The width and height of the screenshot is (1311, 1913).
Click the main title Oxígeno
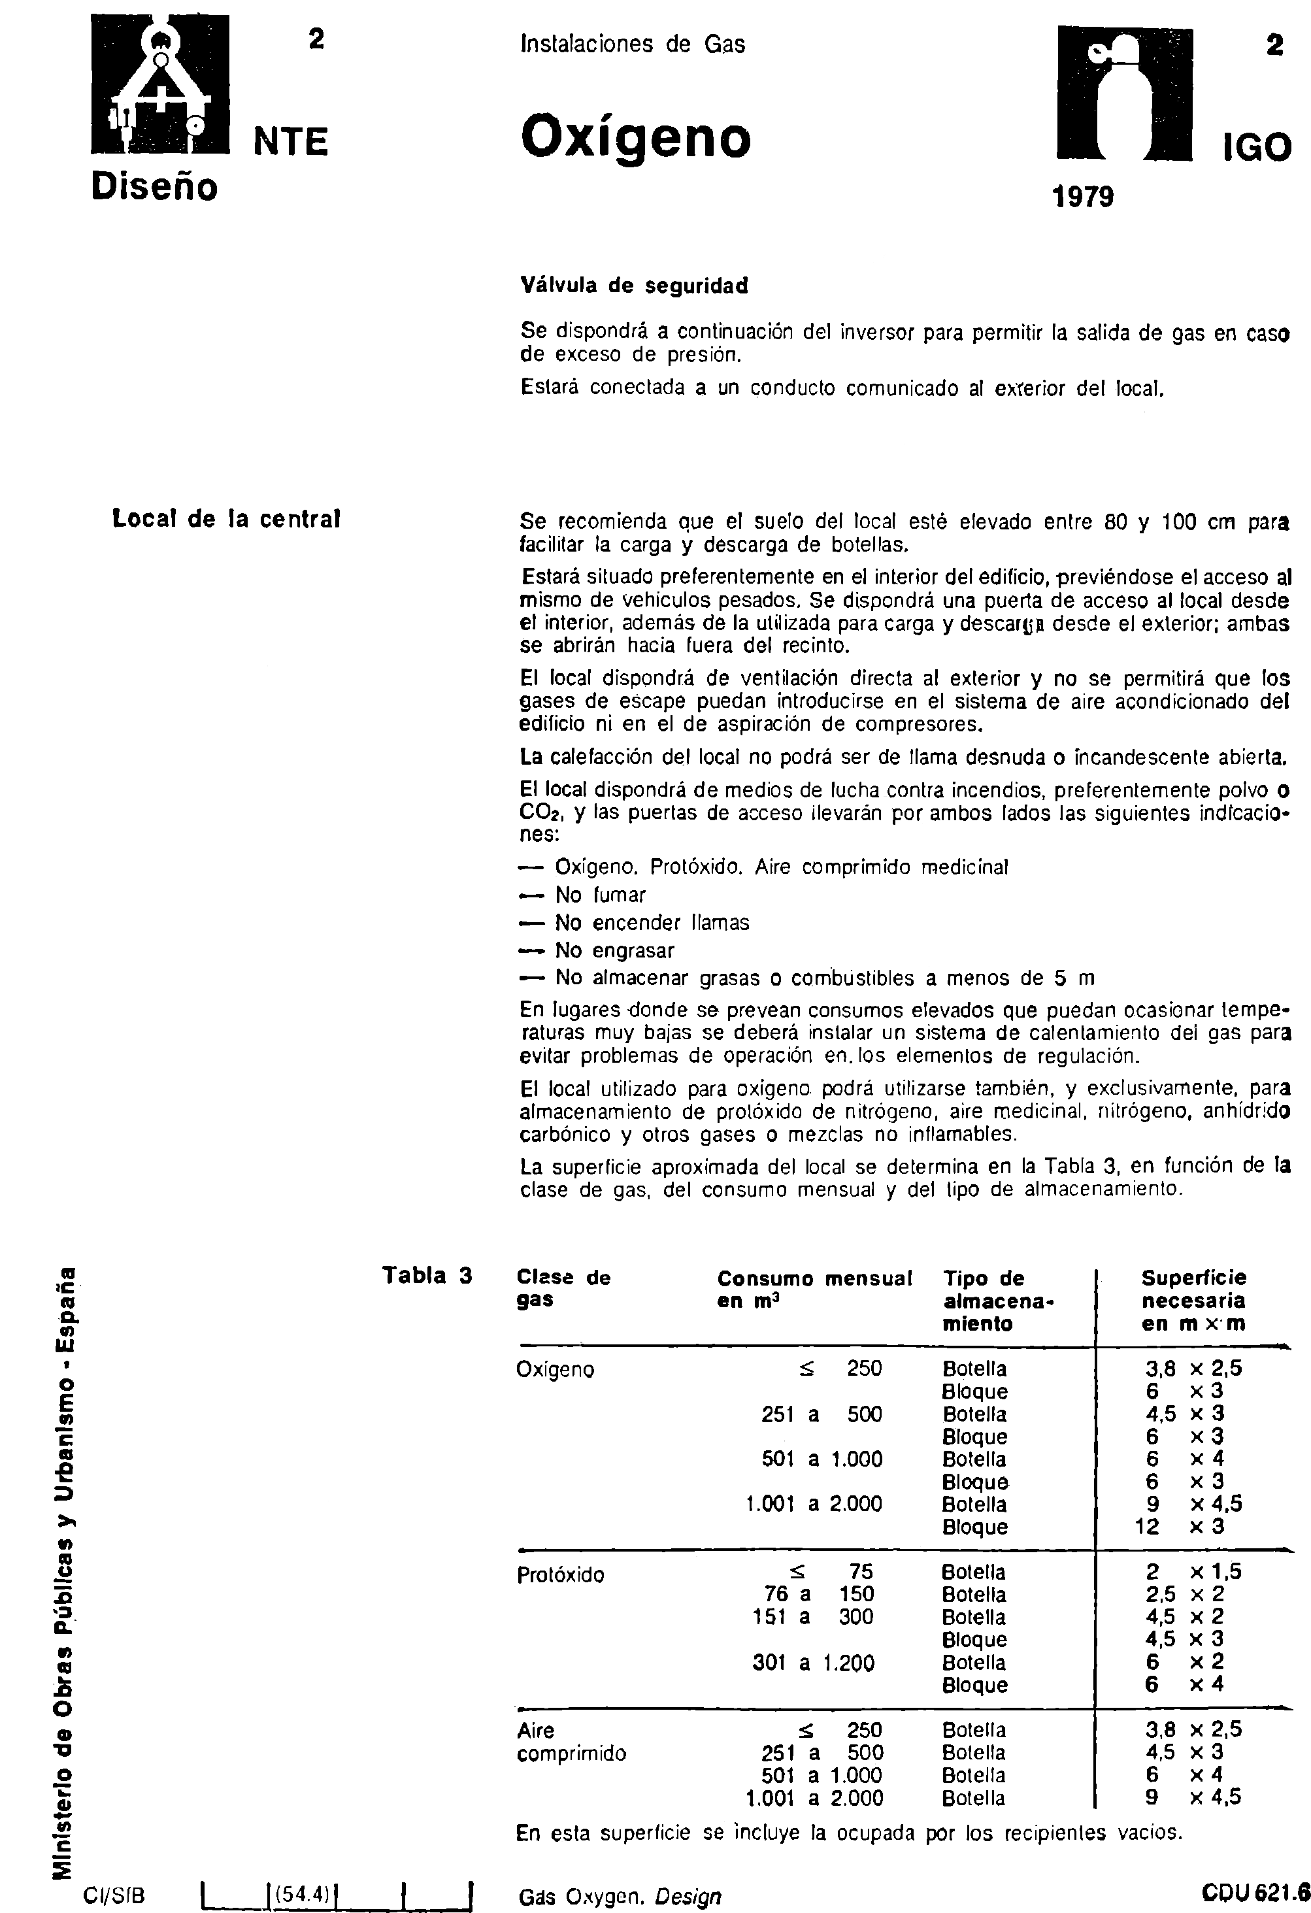pyautogui.click(x=635, y=137)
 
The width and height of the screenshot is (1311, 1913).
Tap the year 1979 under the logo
pyautogui.click(x=1083, y=197)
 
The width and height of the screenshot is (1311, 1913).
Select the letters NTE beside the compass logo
pyautogui.click(x=291, y=142)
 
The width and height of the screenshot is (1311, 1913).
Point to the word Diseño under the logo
pyautogui.click(x=155, y=187)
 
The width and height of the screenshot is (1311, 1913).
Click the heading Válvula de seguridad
pyautogui.click(x=635, y=286)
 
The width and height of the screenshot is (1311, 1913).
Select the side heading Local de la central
pyautogui.click(x=226, y=520)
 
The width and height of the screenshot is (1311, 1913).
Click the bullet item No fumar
pyautogui.click(x=600, y=895)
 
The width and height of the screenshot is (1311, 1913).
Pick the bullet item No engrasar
pyautogui.click(x=614, y=951)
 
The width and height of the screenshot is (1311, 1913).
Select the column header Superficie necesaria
pyautogui.click(x=1193, y=1300)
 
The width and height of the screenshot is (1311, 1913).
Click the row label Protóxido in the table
pyautogui.click(x=559, y=1574)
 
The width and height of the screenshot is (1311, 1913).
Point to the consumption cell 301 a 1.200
pyautogui.click(x=813, y=1663)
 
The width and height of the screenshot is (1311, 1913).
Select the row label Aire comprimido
pyautogui.click(x=571, y=1742)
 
